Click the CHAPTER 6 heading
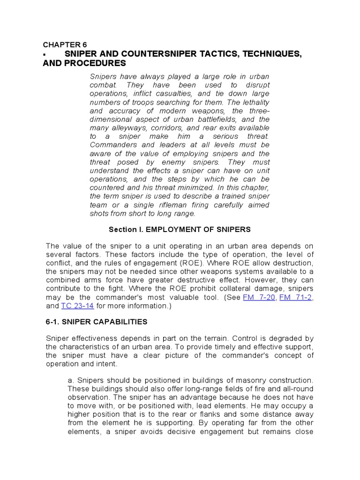pyautogui.click(x=61, y=45)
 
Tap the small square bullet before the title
pyautogui.click(x=45, y=55)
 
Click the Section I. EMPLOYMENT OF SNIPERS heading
pyautogui.click(x=180, y=230)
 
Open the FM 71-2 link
pyautogui.click(x=295, y=298)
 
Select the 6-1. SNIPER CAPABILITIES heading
pyautogui.click(x=96, y=322)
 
